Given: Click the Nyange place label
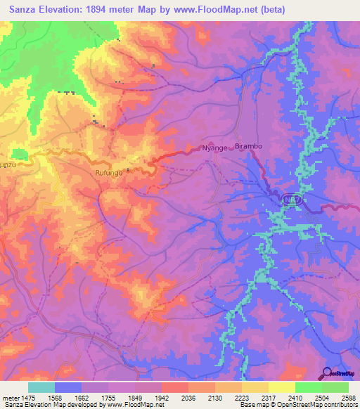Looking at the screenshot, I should pyautogui.click(x=214, y=148).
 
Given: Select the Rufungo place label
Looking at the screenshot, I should pyautogui.click(x=109, y=171).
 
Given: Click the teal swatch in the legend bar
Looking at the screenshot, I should pyautogui.click(x=41, y=387).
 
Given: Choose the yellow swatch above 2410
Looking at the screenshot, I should pyautogui.click(x=281, y=387).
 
